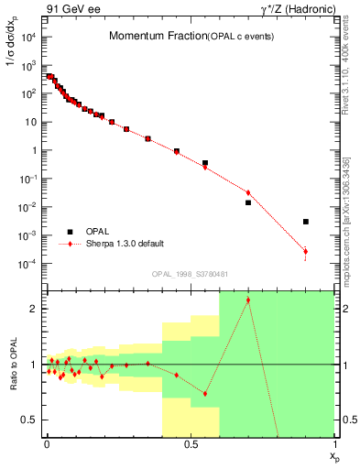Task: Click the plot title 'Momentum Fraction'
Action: point(150,37)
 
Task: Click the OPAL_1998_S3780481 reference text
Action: point(191,273)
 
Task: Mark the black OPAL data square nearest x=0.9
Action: point(306,222)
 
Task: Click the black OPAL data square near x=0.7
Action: point(248,202)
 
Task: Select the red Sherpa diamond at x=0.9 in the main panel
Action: point(306,251)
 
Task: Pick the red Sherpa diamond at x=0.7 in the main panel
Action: point(248,192)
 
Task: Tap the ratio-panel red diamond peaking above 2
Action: point(248,300)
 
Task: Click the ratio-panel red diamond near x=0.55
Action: point(205,394)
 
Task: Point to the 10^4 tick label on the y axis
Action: point(28,38)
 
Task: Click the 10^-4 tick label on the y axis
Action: point(28,265)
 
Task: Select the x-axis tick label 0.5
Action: point(191,443)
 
